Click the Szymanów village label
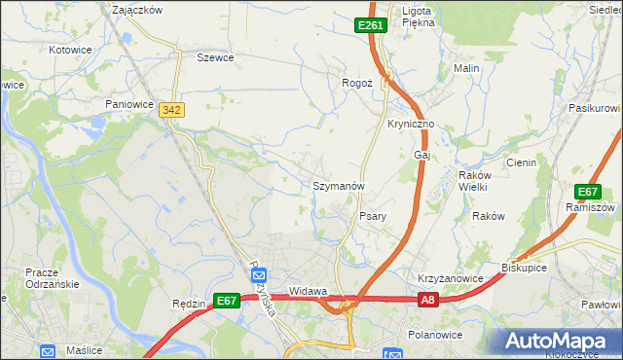pyautogui.click(x=339, y=185)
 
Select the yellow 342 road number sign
pyautogui.click(x=172, y=111)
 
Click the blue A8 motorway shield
pyautogui.click(x=429, y=302)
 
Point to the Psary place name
pyautogui.click(x=375, y=216)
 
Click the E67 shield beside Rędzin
pyautogui.click(x=227, y=302)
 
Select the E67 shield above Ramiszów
pyautogui.click(x=588, y=192)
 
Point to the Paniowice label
pyautogui.click(x=130, y=102)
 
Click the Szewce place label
pyautogui.click(x=215, y=57)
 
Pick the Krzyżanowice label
pyautogui.click(x=451, y=278)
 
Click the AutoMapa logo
pyautogui.click(x=562, y=341)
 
